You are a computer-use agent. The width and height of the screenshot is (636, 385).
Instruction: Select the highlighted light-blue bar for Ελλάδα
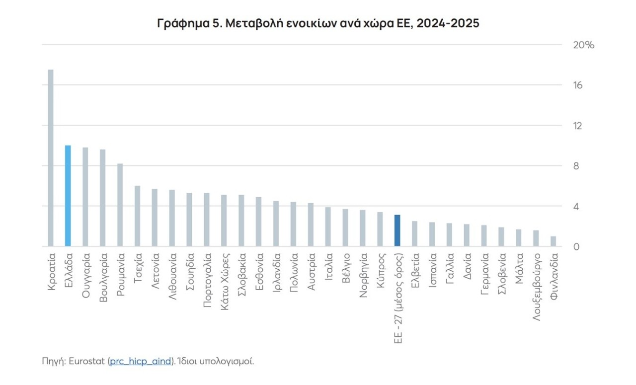(68, 196)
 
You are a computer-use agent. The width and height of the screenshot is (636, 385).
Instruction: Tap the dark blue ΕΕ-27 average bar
(397, 231)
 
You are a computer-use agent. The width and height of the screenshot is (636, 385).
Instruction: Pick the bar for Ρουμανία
(120, 205)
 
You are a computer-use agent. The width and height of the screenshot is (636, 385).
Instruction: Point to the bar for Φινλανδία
(553, 241)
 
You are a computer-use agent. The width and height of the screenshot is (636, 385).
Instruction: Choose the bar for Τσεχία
(137, 216)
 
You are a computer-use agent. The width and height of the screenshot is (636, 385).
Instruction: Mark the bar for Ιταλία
(328, 227)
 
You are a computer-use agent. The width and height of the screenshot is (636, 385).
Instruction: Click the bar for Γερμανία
(484, 235)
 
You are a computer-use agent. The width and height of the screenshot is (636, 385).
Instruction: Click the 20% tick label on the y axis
(584, 45)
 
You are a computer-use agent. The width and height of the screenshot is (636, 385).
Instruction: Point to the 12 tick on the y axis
(577, 126)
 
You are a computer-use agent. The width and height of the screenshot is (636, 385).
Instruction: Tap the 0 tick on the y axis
(576, 246)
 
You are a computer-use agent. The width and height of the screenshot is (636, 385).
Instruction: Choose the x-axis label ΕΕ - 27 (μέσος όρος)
(397, 298)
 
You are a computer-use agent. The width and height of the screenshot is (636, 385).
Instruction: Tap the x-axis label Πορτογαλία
(207, 281)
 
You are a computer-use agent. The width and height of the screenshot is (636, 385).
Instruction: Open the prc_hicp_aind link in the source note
(140, 361)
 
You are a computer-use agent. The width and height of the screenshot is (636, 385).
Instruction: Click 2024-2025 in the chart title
(449, 23)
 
